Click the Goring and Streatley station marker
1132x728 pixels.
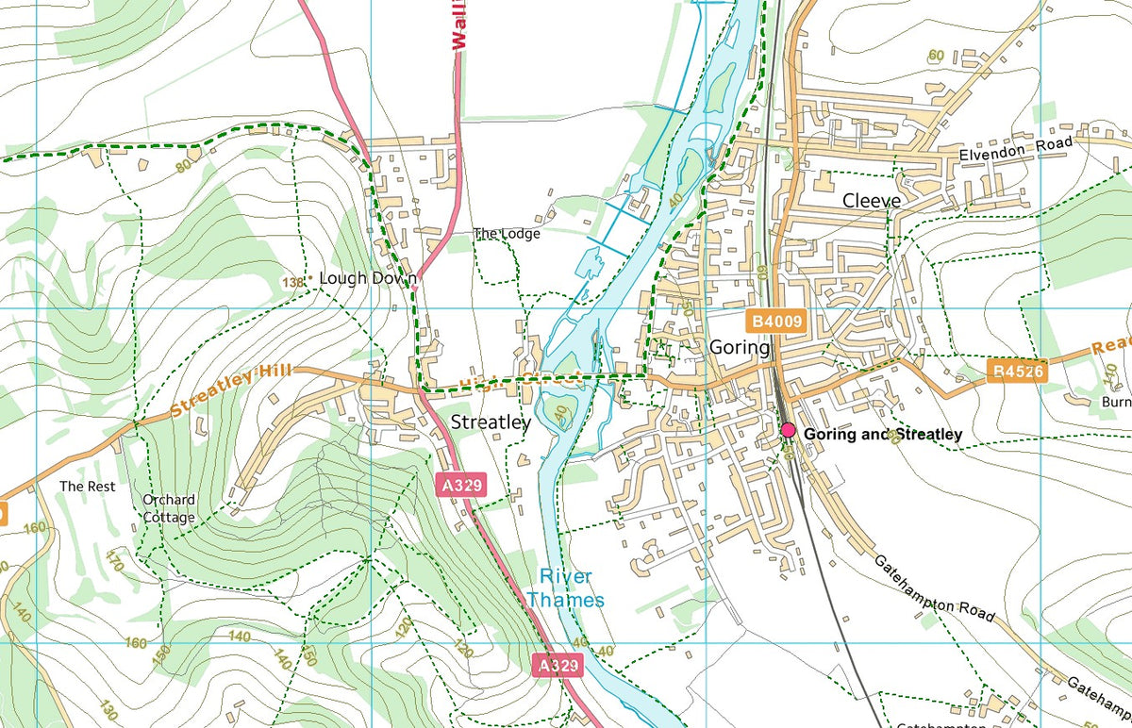pyautogui.click(x=789, y=431)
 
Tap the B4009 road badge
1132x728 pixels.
pyautogui.click(x=778, y=322)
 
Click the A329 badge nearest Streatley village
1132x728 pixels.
pyautogui.click(x=462, y=486)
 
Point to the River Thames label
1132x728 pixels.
pyautogui.click(x=565, y=587)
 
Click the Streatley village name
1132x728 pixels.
pyautogui.click(x=491, y=423)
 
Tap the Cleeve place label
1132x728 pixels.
pyautogui.click(x=872, y=201)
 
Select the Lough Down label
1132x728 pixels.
pyautogui.click(x=368, y=278)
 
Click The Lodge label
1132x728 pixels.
pyautogui.click(x=507, y=233)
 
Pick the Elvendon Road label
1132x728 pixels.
pyautogui.click(x=1016, y=149)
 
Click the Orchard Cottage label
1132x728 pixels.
pyautogui.click(x=170, y=508)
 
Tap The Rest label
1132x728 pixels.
pyautogui.click(x=87, y=486)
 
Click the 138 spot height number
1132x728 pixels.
pyautogui.click(x=294, y=282)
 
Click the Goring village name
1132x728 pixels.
pyautogui.click(x=740, y=347)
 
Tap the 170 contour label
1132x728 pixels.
pyautogui.click(x=115, y=563)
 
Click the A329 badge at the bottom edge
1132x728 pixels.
pyautogui.click(x=557, y=666)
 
